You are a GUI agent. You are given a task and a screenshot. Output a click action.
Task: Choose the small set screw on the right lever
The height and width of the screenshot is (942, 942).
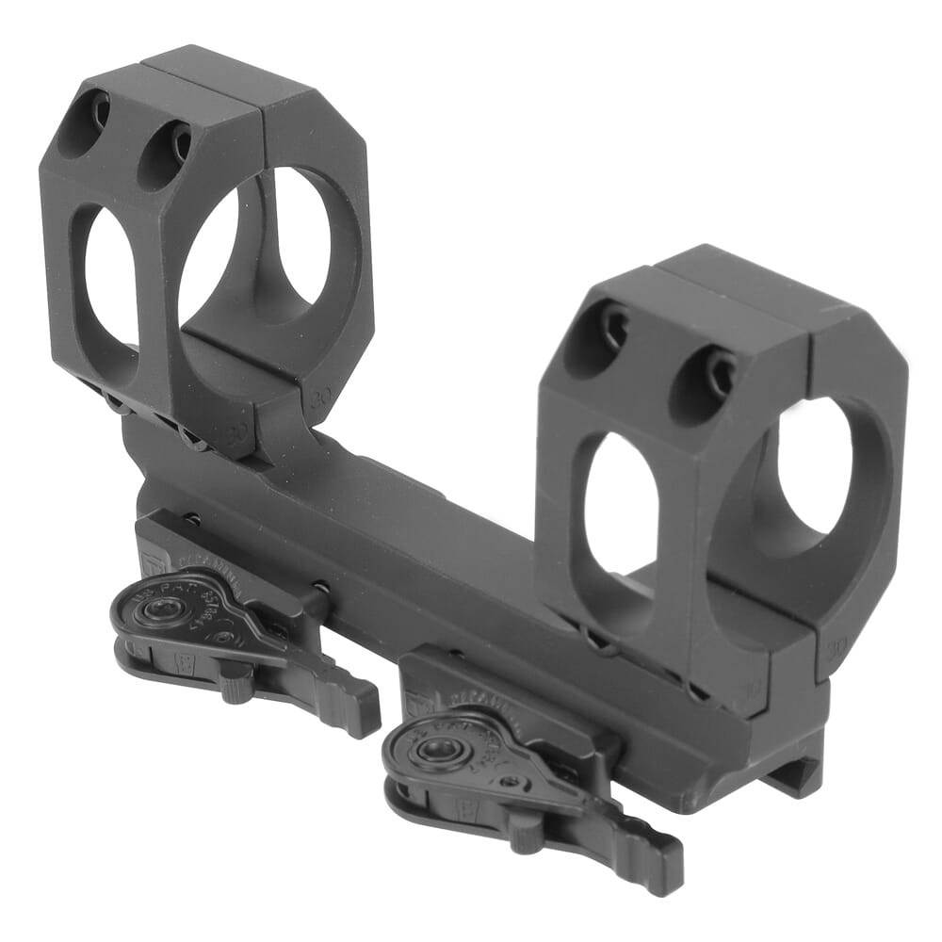tap(510, 781)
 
